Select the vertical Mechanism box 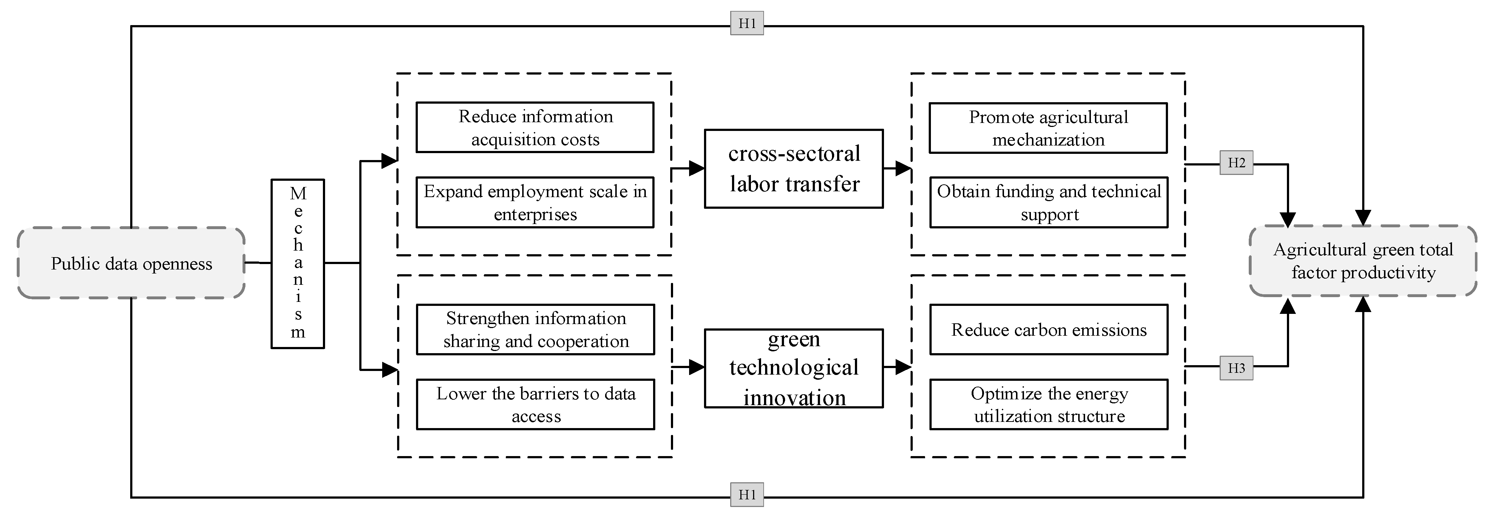[x=297, y=264]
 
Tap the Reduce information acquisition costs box [x=535, y=128]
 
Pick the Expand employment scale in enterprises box [x=535, y=202]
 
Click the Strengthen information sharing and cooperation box [x=536, y=330]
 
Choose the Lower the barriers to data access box [x=536, y=404]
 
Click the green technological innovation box [x=794, y=368]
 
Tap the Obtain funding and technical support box [x=1048, y=202]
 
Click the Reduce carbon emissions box [x=1048, y=330]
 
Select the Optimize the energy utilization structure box [x=1048, y=404]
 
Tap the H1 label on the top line [x=747, y=23]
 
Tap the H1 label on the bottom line [x=747, y=495]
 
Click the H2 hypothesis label [x=1236, y=163]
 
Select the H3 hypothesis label [x=1236, y=368]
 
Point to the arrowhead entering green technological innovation [x=697, y=367]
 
